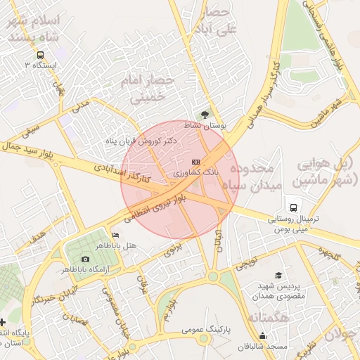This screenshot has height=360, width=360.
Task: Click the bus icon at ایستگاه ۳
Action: point(40,54)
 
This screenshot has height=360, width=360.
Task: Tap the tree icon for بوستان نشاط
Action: point(205,114)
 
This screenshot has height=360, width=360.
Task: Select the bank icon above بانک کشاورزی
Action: point(195,162)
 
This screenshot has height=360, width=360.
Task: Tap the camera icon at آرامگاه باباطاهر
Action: point(86,259)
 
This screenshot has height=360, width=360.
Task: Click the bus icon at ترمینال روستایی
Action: point(295,208)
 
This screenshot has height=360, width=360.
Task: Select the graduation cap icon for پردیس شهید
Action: point(278,275)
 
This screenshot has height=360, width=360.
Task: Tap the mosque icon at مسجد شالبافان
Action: point(262,335)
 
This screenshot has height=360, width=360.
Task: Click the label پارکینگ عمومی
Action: point(207,328)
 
